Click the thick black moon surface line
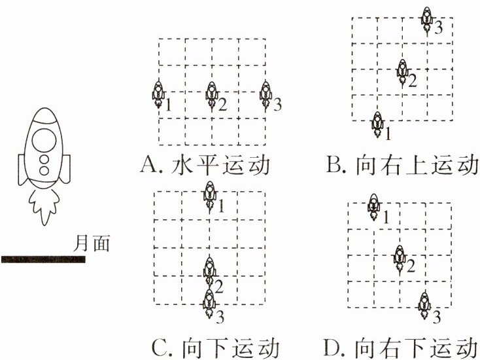(x=43, y=260)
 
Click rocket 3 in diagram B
(x=427, y=18)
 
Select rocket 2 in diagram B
(x=402, y=71)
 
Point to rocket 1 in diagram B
(x=377, y=124)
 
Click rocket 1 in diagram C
(x=209, y=195)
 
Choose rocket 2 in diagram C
(x=209, y=270)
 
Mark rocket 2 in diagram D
(x=399, y=256)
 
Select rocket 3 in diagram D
(x=424, y=303)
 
